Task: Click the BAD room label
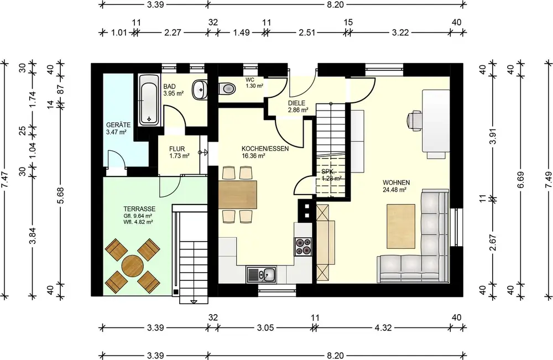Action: coord(169,87)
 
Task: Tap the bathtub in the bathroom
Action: coord(148,100)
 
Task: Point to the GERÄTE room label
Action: coord(118,125)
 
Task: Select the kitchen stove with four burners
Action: coord(303,247)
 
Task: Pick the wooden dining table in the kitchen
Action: coord(238,195)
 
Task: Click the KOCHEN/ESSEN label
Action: coord(265,149)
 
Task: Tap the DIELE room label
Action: coord(296,103)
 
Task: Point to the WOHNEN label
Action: coord(397,182)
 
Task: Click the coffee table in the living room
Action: coord(401,226)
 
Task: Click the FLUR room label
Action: coord(177,149)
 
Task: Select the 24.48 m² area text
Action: coord(395,190)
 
